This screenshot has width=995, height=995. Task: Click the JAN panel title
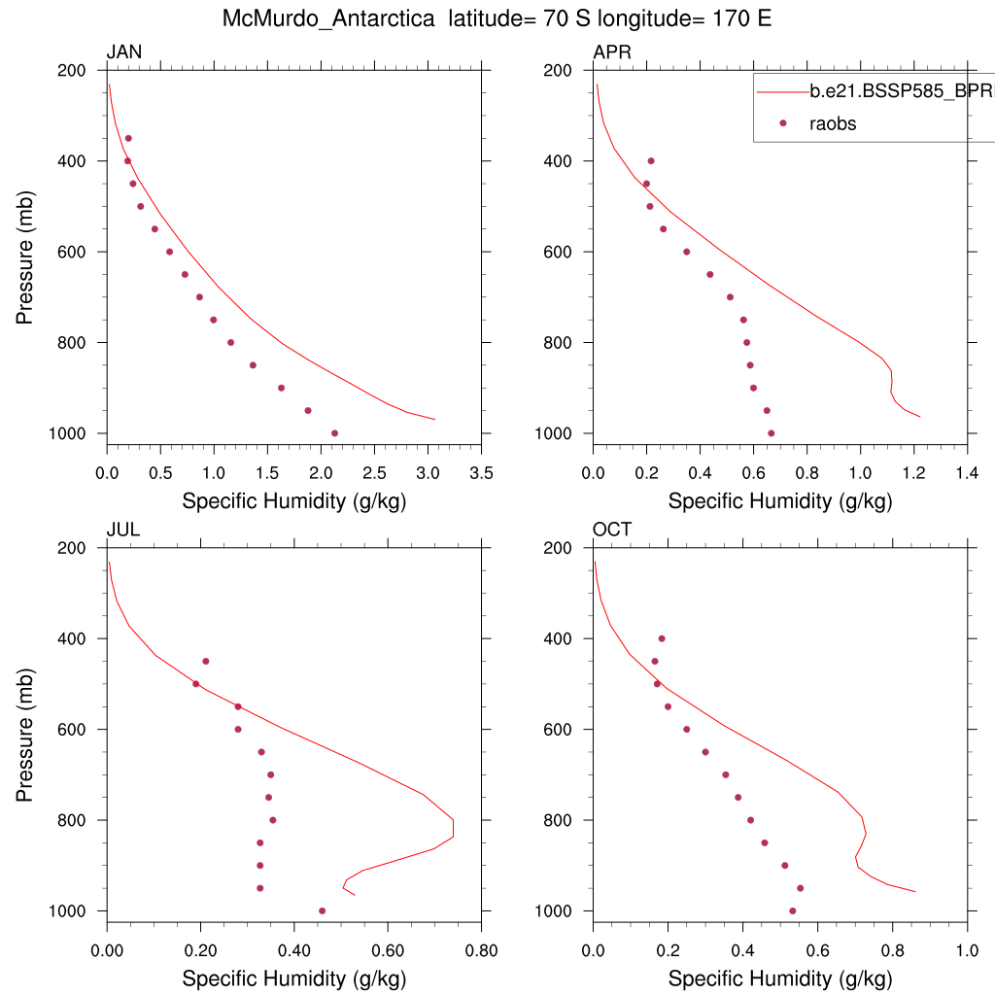(x=124, y=52)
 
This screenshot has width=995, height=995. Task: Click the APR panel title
(x=612, y=52)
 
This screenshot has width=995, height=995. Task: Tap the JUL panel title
(x=122, y=530)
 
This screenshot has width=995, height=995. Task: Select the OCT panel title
(x=612, y=530)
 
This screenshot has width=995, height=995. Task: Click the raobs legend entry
(x=833, y=123)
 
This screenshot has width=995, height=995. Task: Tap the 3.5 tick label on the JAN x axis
(x=482, y=473)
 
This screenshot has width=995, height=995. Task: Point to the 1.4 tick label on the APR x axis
(x=967, y=473)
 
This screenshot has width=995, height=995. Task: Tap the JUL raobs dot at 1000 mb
(x=322, y=910)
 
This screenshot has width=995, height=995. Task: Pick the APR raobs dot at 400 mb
(x=651, y=160)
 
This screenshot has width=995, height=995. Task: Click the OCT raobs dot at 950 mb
(x=800, y=888)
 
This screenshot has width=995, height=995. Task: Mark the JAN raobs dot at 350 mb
(x=127, y=138)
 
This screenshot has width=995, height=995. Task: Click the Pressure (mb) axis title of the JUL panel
(x=24, y=729)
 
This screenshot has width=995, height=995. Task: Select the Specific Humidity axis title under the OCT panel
(x=780, y=978)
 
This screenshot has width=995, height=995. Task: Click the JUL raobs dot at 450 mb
(x=205, y=661)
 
